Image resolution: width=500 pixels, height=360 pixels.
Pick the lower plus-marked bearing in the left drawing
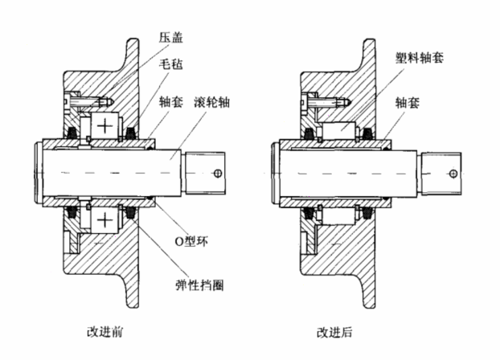click(x=105, y=220)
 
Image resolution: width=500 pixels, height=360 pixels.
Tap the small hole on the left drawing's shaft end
click(x=218, y=173)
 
